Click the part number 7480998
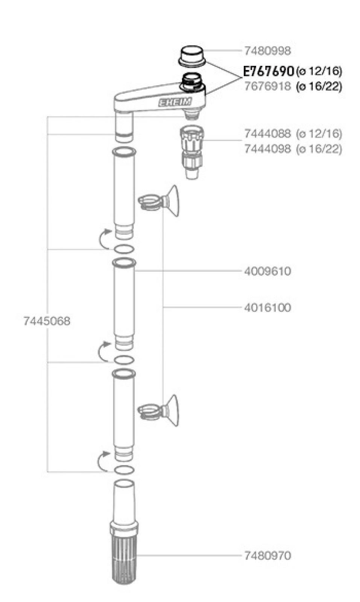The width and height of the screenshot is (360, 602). (x=267, y=51)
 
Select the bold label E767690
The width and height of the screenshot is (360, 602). (x=268, y=71)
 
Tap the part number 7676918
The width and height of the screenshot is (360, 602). (x=267, y=86)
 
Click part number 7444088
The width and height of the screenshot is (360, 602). (x=267, y=134)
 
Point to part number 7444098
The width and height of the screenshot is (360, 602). (x=267, y=149)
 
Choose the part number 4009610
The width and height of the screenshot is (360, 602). (x=267, y=271)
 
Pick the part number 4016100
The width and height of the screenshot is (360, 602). (x=267, y=308)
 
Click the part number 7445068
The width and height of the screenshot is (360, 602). (x=47, y=321)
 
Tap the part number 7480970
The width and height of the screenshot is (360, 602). (x=267, y=556)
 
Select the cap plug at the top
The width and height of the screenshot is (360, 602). (x=192, y=56)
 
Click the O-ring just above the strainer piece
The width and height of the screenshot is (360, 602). (x=124, y=470)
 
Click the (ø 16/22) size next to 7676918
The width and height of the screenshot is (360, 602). (x=319, y=87)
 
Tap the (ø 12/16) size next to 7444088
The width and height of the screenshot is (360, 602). (x=319, y=134)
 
